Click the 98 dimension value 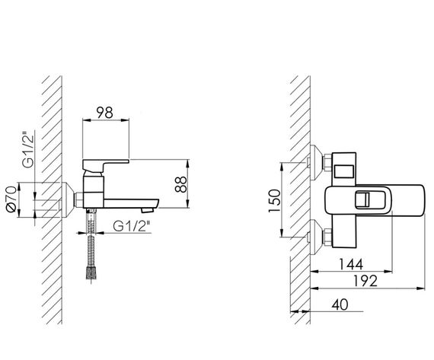[x=105, y=113]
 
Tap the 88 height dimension [x=181, y=184]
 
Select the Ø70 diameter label [x=12, y=199]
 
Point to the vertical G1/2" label [x=28, y=151]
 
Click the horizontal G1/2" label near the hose [x=132, y=226]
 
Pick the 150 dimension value [x=275, y=201]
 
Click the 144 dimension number [x=351, y=264]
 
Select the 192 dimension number [x=365, y=281]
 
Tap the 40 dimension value [x=340, y=305]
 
